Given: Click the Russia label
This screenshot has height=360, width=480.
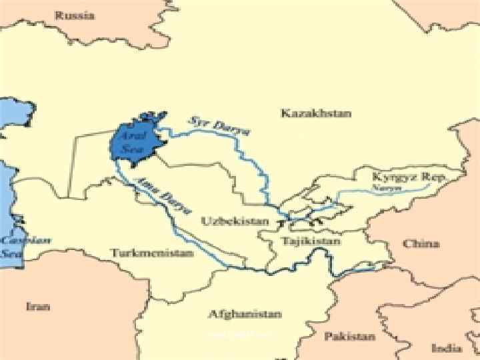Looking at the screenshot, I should (75, 15).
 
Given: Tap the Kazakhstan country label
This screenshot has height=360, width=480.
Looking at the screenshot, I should (315, 113).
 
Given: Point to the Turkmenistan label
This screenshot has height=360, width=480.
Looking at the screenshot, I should (152, 253).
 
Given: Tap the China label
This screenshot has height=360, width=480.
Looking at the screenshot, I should (421, 243).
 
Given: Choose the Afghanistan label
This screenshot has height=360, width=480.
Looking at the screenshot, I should (245, 313).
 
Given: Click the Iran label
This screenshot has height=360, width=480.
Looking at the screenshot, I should (38, 307).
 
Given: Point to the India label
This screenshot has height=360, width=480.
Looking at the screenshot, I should (446, 347).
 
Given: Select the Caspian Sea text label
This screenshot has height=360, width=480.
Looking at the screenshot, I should (15, 245).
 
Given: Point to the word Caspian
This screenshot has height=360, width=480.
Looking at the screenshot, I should (16, 238).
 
